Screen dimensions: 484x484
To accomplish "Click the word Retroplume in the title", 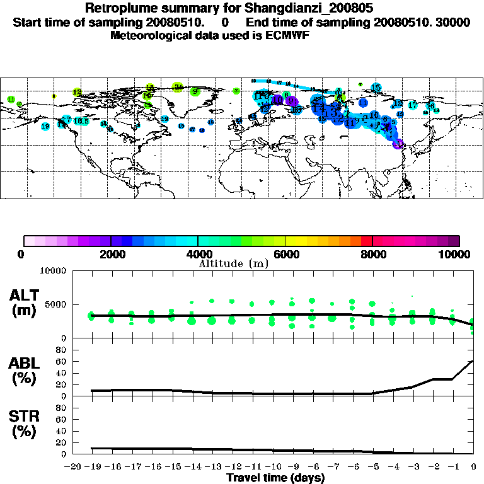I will pos(118,9).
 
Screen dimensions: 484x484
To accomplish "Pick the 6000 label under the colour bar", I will pos(285,255).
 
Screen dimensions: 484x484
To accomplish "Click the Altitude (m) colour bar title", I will pos(234,264).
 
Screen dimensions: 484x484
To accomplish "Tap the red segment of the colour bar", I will pos(366,241).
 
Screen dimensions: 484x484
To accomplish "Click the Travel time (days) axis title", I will pos(275,478).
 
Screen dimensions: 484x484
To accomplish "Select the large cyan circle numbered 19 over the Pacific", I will pos(45,126).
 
